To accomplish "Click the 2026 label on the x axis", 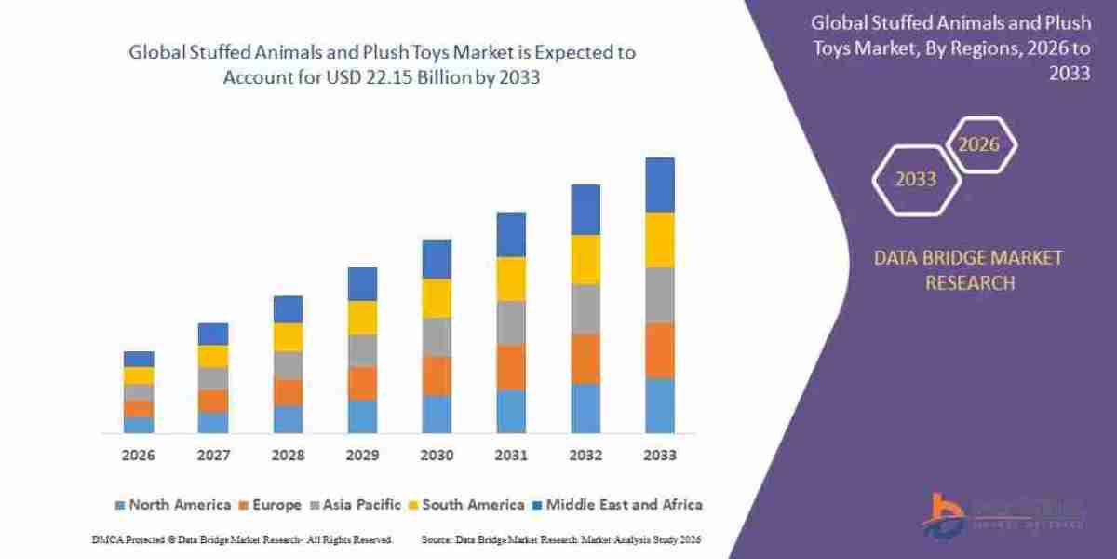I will tap(138, 456).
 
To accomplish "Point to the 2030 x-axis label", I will tap(437, 456).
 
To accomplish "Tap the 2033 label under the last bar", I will tap(660, 456).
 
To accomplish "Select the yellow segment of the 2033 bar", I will tap(660, 239).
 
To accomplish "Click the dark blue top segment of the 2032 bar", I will tap(585, 209).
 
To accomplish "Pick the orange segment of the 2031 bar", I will tap(511, 366).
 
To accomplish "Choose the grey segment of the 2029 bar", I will tap(362, 350).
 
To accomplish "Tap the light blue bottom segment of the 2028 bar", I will tap(288, 419).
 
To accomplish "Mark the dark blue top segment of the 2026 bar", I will tap(138, 359).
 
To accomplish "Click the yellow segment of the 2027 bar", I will tap(213, 356).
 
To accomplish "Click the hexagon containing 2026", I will tap(980, 144).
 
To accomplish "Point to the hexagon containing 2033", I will tap(916, 179).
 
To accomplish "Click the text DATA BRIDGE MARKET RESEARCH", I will tap(968, 269).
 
